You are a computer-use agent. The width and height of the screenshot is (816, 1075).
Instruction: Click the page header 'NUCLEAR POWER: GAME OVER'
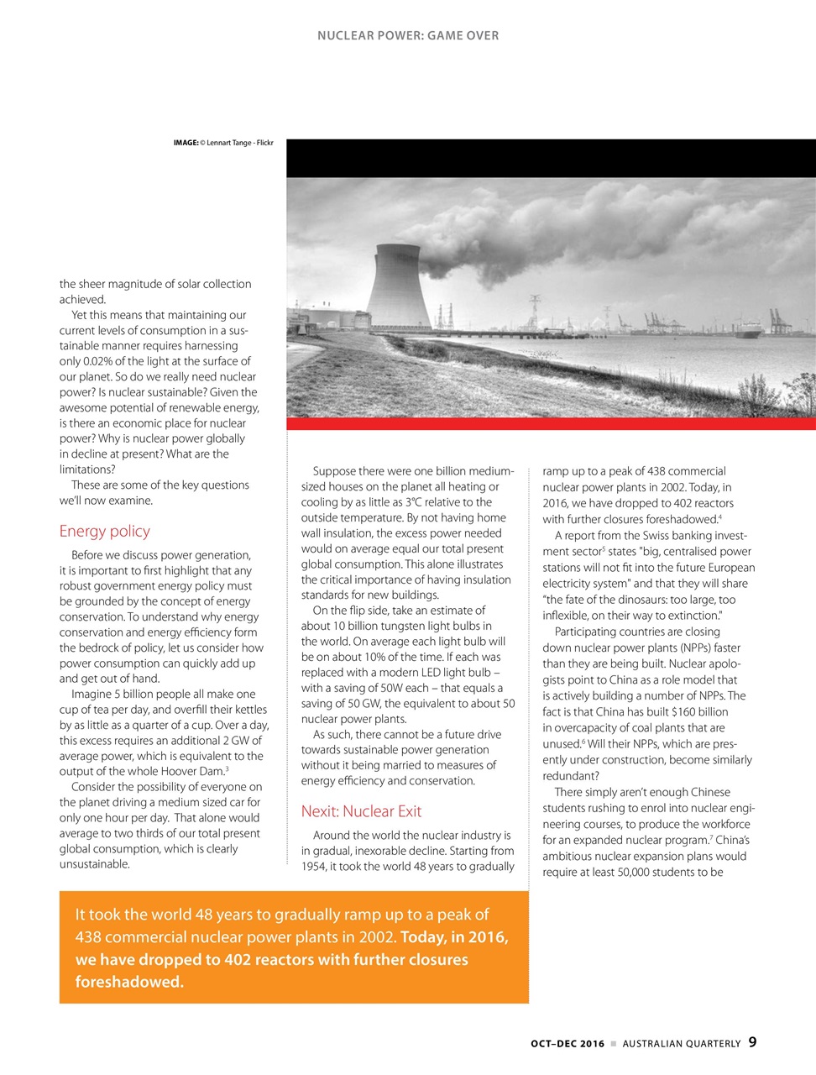click(x=408, y=36)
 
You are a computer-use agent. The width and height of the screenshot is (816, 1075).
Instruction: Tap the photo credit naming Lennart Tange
click(x=223, y=143)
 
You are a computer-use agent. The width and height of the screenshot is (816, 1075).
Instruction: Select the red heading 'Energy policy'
click(x=104, y=531)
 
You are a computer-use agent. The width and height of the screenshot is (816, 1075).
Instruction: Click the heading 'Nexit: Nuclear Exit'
click(x=361, y=811)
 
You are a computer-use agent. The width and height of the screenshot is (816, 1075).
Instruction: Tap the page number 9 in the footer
click(x=752, y=1042)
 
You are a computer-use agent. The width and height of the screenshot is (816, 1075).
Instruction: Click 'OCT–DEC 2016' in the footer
click(x=568, y=1043)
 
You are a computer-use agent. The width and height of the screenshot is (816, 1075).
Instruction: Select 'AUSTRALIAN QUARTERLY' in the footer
click(x=681, y=1043)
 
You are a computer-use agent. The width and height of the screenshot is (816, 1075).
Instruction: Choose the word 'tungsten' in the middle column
click(x=401, y=626)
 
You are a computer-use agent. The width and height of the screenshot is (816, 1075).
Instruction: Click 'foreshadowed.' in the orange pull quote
click(x=129, y=982)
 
